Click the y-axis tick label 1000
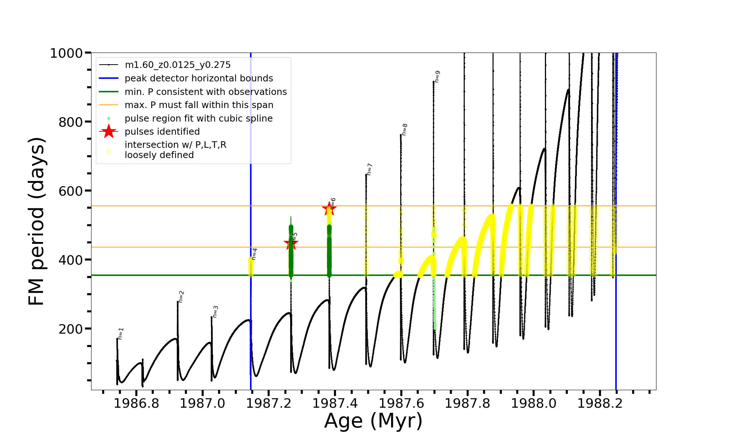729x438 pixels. point(66,53)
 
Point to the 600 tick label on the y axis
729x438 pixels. point(71,191)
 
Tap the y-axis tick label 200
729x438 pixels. point(71,329)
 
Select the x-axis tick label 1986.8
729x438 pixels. point(136,403)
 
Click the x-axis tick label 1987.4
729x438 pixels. point(335,403)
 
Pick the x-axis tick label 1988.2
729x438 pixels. point(600,403)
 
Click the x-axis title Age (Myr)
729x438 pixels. point(373,420)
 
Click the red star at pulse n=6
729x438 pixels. point(329,209)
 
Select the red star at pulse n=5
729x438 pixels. point(291,243)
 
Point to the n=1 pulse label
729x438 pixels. point(121,333)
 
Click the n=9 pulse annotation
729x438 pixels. point(437,76)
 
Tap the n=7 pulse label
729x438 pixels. point(369,169)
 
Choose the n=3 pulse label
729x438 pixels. point(215,311)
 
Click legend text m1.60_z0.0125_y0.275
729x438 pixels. point(178,65)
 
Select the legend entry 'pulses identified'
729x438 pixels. point(162,131)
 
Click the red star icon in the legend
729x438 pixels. point(109,131)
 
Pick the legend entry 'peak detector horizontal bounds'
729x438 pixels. point(199,78)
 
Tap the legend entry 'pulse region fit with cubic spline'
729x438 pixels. point(199,118)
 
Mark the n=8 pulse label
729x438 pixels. point(404,129)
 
